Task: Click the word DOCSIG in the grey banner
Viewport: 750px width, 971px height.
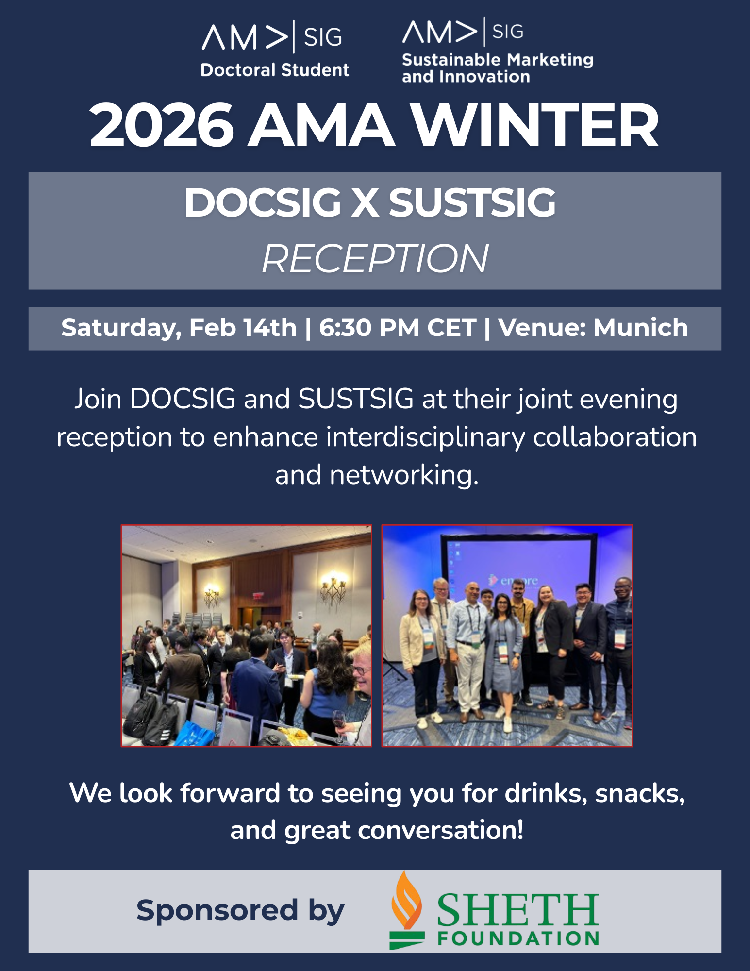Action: [262, 202]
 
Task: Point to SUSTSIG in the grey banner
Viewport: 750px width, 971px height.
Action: [472, 202]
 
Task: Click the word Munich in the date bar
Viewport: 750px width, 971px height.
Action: [641, 327]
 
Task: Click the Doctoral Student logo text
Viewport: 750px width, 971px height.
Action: [275, 70]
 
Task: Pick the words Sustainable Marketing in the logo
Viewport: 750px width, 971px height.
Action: [498, 60]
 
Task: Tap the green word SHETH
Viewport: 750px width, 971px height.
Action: [518, 910]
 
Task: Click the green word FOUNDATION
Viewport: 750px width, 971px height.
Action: [518, 938]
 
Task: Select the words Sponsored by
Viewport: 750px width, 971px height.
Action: [240, 911]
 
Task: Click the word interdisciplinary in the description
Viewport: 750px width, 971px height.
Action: [425, 437]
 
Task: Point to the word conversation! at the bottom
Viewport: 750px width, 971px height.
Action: [441, 830]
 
